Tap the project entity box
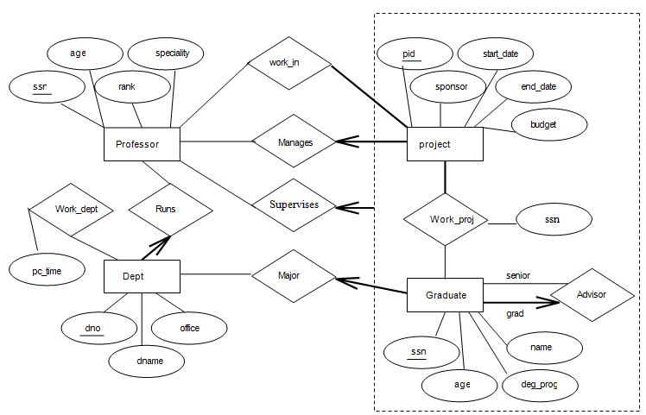[445, 144]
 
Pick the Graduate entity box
[445, 295]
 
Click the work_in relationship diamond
[289, 62]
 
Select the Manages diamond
[294, 142]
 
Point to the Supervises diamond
[294, 205]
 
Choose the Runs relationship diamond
[170, 209]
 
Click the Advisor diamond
[592, 295]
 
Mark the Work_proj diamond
[445, 219]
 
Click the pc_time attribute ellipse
[47, 270]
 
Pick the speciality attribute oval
[172, 53]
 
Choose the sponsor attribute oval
[450, 87]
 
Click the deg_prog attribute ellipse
[539, 384]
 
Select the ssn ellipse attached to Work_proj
[553, 219]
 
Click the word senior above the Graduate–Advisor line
[518, 276]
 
